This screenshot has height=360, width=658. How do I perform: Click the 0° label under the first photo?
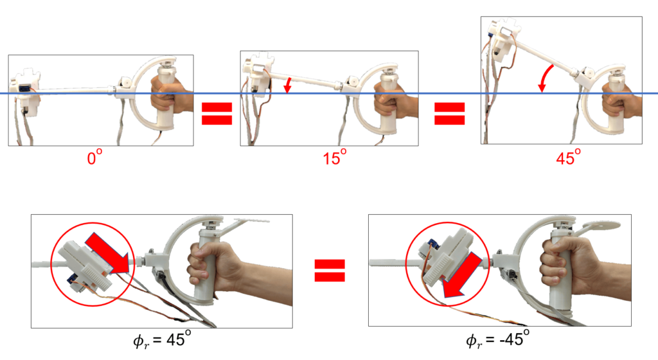[94, 157]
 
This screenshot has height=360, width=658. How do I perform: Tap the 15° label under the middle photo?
[334, 157]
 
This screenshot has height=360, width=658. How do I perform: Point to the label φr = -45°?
[497, 338]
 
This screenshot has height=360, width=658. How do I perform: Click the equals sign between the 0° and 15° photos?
[217, 113]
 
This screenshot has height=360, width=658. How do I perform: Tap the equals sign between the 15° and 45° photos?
[449, 113]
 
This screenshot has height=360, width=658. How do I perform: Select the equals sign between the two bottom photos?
[330, 270]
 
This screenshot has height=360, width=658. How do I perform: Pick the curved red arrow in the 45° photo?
[546, 78]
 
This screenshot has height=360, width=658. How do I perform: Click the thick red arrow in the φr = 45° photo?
[107, 253]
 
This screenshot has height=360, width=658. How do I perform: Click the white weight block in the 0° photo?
[26, 93]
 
